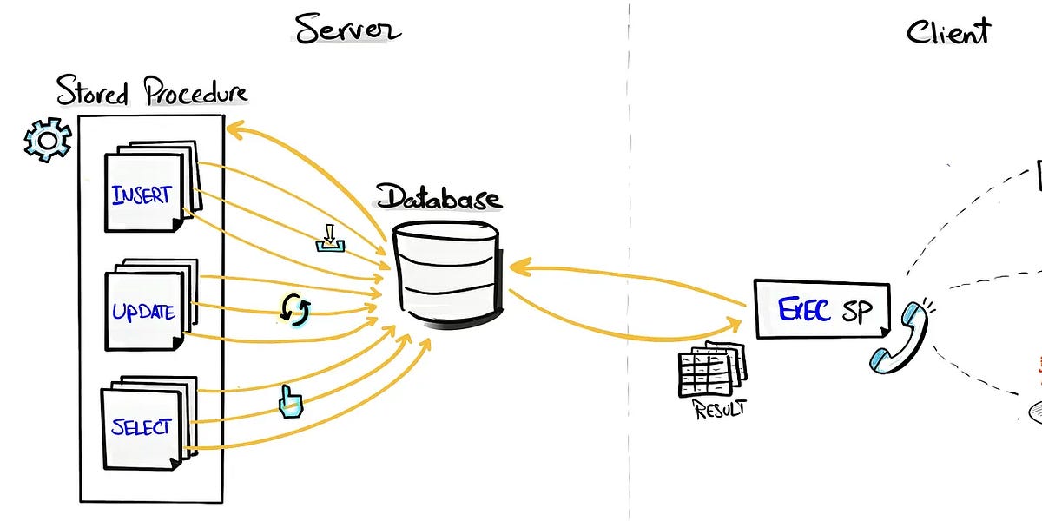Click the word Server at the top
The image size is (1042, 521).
pyautogui.click(x=347, y=28)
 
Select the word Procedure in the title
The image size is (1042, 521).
pyautogui.click(x=196, y=92)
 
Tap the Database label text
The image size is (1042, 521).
pyautogui.click(x=439, y=197)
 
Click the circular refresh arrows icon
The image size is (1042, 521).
pyautogui.click(x=294, y=309)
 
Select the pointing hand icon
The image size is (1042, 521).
pyautogui.click(x=287, y=401)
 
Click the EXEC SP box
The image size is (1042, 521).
pyautogui.click(x=821, y=309)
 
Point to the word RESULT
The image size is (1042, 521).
pyautogui.click(x=719, y=409)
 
